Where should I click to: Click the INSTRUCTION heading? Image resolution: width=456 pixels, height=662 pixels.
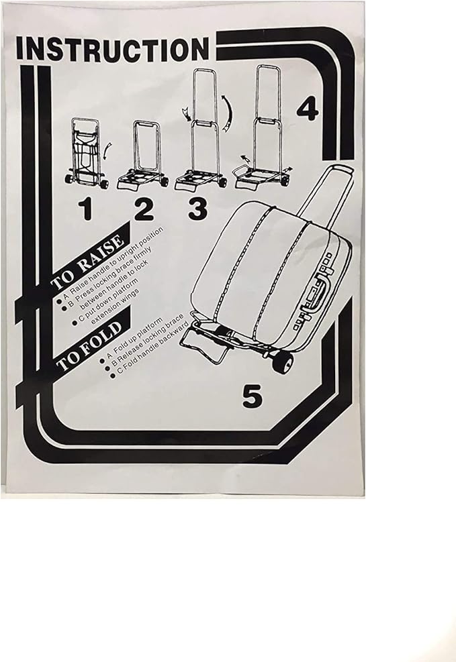coord(112,49)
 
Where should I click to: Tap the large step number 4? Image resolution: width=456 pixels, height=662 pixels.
coord(307,109)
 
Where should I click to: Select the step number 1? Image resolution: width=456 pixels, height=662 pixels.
coord(86,209)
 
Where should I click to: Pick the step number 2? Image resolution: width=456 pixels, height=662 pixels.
coord(144,210)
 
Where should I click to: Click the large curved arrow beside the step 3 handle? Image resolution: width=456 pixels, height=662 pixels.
coord(228,113)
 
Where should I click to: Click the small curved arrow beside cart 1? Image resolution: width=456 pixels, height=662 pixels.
coord(107,150)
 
